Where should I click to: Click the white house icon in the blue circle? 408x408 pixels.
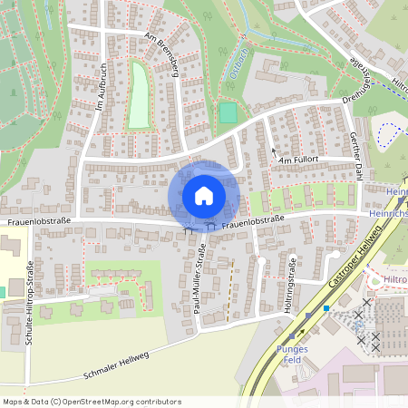point(203,195)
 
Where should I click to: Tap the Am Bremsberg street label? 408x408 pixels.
point(162,55)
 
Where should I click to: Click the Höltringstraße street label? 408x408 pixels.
point(293,281)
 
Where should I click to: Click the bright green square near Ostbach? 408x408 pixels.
point(228,113)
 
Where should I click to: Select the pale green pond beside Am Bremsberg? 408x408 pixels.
point(138,94)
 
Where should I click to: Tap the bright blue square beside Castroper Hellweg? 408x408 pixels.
point(326,308)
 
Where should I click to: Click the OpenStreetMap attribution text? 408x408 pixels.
point(92,401)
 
